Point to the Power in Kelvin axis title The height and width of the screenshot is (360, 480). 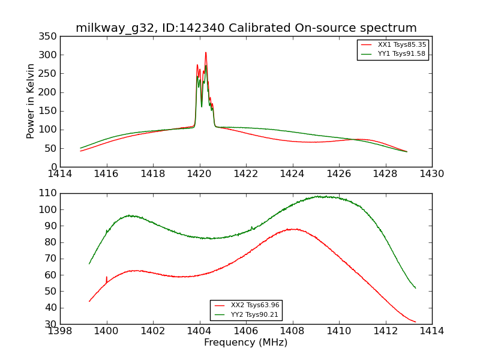click(31, 101)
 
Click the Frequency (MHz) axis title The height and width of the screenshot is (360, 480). click(246, 343)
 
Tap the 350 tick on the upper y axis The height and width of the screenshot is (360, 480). click(50, 37)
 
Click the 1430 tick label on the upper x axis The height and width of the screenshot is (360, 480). click(432, 173)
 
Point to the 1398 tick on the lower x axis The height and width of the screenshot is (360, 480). click(60, 331)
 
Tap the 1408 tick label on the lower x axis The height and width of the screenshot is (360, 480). click(293, 331)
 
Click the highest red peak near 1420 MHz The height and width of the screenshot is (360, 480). click(205, 53)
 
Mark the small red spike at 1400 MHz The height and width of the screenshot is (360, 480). click(107, 278)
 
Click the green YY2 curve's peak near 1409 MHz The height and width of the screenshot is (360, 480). click(318, 196)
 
